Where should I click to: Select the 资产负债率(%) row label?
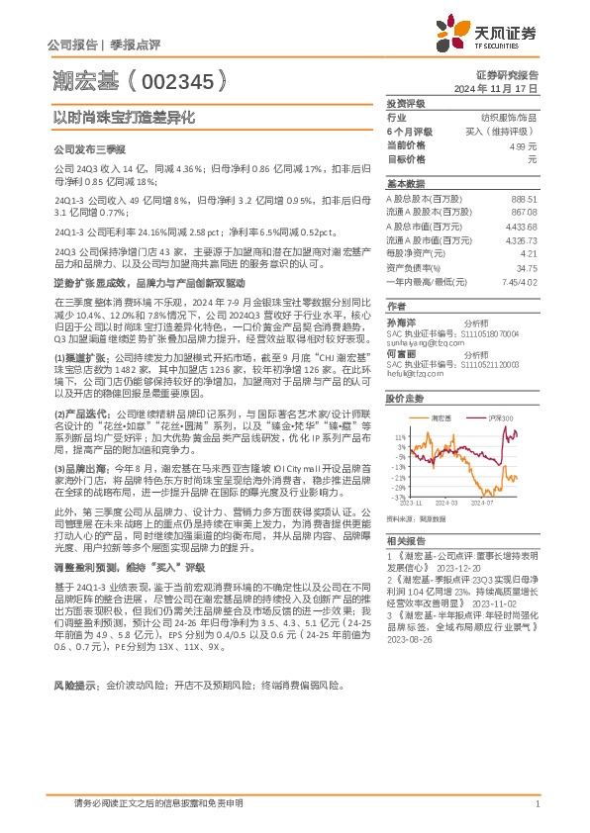tap(413, 267)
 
